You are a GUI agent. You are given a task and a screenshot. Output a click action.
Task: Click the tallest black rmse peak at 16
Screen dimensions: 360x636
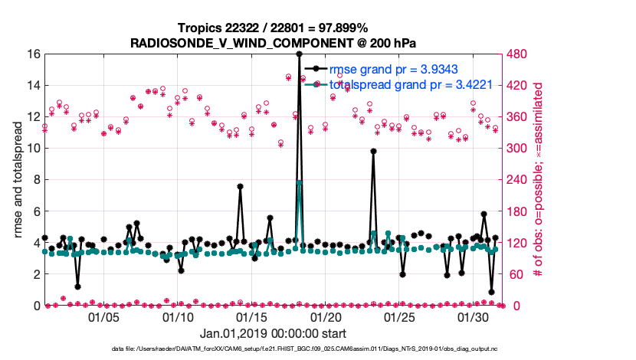tap(299, 54)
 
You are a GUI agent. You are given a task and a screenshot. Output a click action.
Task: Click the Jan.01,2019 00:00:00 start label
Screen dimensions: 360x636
tap(273, 334)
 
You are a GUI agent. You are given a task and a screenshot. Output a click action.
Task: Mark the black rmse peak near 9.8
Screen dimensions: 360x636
tap(373, 152)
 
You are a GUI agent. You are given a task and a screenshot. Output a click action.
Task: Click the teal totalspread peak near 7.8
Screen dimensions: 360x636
tap(299, 182)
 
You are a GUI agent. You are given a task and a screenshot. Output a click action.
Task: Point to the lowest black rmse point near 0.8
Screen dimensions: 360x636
tap(491, 292)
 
